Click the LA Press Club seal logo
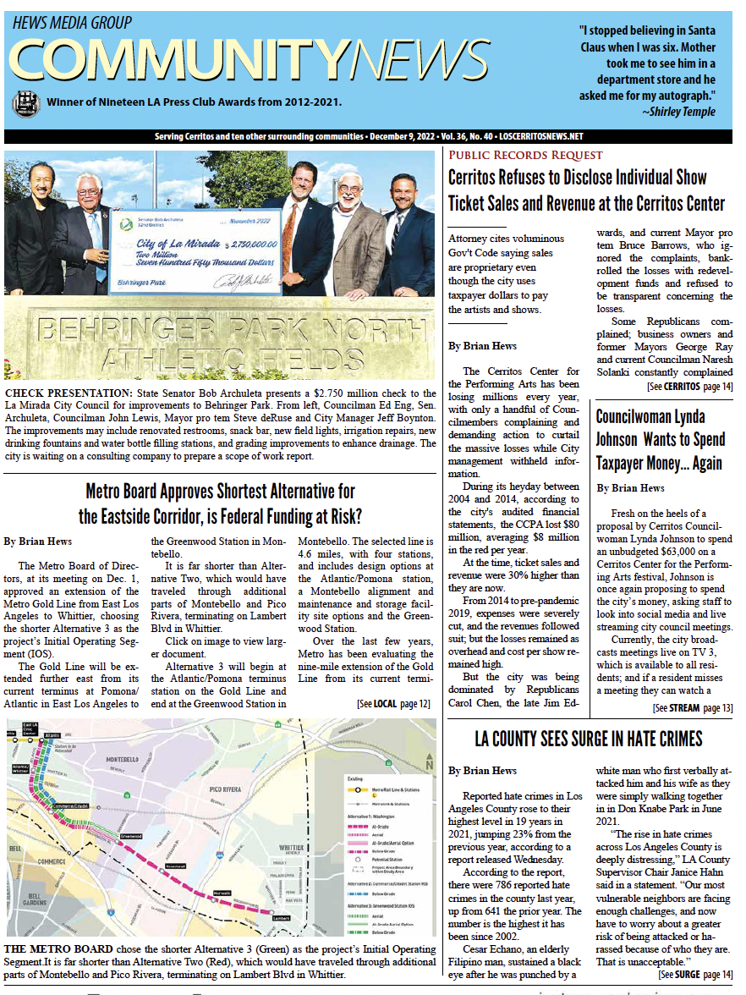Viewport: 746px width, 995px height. [x=25, y=103]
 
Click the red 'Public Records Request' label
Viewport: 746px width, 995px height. [x=525, y=155]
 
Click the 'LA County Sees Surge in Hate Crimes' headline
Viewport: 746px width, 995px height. [x=589, y=739]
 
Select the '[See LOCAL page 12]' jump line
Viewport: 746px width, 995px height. [x=393, y=703]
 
